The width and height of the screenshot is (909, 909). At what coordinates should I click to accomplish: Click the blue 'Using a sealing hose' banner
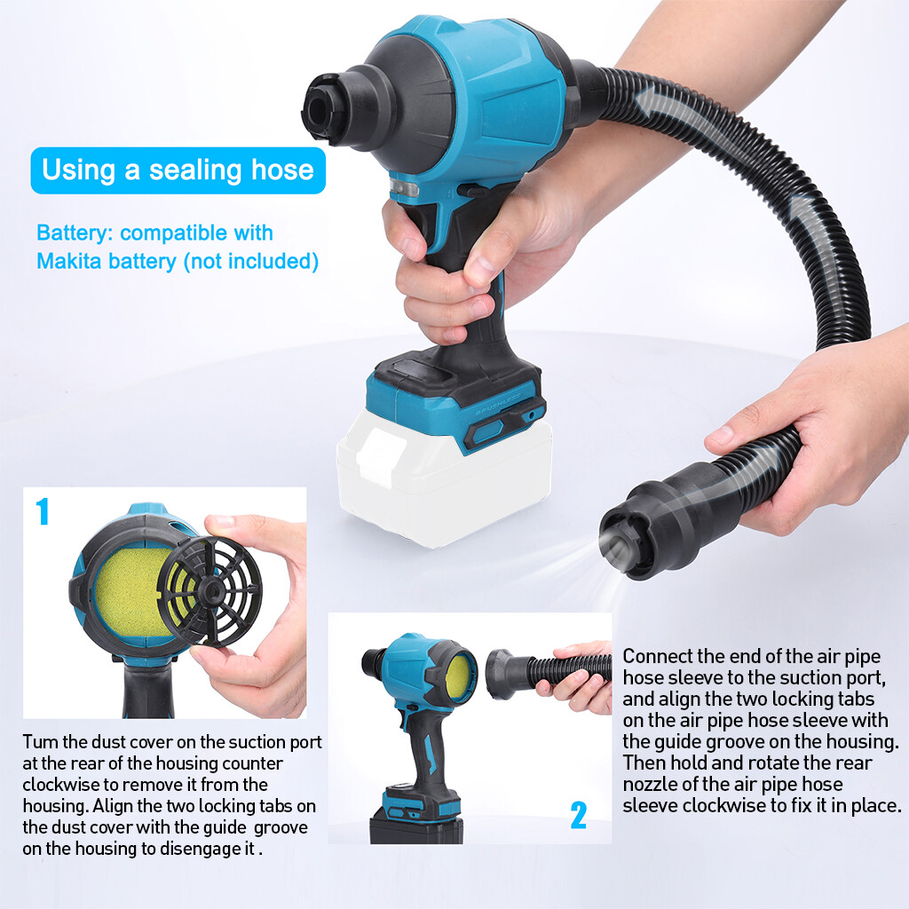(178, 170)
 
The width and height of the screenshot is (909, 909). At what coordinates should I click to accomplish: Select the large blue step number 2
(578, 815)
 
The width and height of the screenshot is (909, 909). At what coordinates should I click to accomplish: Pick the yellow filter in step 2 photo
(460, 673)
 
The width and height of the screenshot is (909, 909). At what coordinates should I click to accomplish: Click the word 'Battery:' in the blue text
(75, 233)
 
